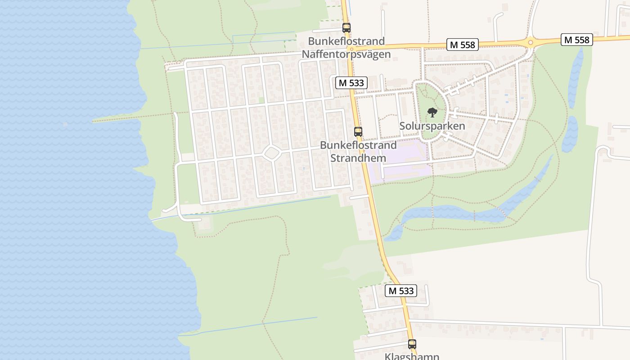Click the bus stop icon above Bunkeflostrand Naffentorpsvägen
[346, 27]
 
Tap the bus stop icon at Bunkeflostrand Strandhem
[358, 132]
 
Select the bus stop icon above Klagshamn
[412, 344]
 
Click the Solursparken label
[432, 126]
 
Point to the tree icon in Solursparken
[432, 112]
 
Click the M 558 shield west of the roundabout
[462, 44]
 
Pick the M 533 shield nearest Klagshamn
[401, 291]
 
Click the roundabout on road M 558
[531, 43]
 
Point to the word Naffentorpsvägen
[346, 54]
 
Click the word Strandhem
[358, 158]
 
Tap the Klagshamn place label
[412, 356]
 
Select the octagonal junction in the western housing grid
[272, 153]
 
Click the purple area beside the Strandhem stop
[400, 157]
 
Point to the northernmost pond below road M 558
[576, 76]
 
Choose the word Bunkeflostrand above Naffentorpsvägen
[346, 41]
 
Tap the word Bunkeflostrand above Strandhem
[358, 145]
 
